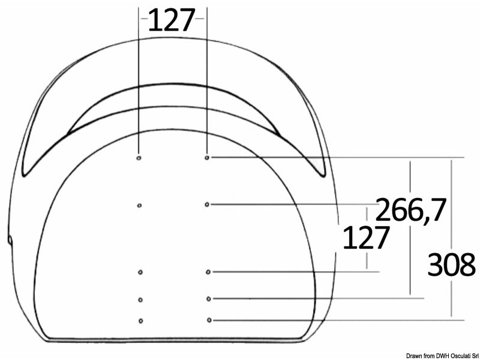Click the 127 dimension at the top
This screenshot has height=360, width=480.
172,22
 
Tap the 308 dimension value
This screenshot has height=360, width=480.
451,265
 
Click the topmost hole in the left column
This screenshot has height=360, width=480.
139,158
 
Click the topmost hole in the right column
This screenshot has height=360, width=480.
207,158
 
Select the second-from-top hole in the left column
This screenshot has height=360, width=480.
139,205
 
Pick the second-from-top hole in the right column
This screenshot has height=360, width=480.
207,205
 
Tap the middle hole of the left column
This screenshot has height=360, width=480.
140,272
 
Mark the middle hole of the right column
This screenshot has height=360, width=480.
208,272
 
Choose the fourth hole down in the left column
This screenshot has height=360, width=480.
140,299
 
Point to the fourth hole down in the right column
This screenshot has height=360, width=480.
208,298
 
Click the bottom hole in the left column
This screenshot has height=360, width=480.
140,320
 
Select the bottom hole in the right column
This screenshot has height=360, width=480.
208,320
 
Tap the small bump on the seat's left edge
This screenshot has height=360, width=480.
10,240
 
